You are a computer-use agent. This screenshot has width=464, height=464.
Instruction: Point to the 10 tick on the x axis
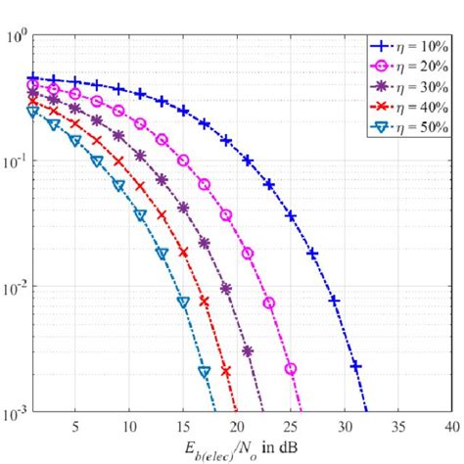pyautogui.click(x=129, y=427)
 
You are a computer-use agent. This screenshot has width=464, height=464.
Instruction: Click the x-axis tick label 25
pyautogui.click(x=291, y=427)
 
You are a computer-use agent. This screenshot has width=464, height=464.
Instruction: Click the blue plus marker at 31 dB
pyautogui.click(x=355, y=365)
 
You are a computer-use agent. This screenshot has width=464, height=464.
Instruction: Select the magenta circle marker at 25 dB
pyautogui.click(x=291, y=369)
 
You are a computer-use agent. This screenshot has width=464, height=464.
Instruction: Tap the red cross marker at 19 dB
pyautogui.click(x=226, y=371)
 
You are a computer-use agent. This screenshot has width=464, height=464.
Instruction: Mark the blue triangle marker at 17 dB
pyautogui.click(x=205, y=372)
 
